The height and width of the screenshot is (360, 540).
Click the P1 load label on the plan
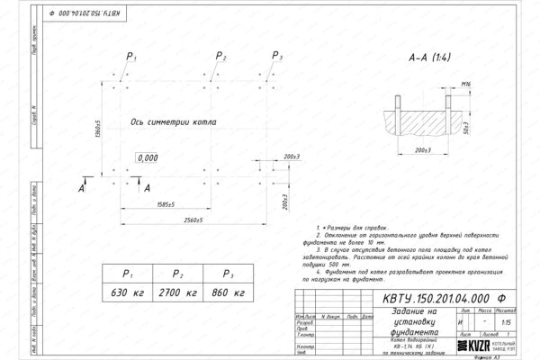[x=131, y=57]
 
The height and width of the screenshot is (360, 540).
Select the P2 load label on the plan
[x=222, y=57]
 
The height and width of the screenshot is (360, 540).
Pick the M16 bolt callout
[x=466, y=84]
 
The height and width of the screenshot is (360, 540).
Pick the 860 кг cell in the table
[x=229, y=293]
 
